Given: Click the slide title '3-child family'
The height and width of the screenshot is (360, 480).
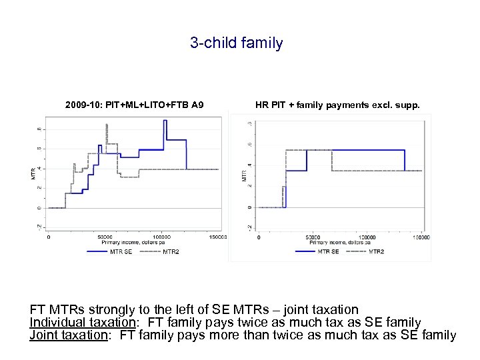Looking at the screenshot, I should click(x=236, y=43).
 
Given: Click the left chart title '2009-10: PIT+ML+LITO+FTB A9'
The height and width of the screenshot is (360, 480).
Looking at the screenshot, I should click(x=134, y=105).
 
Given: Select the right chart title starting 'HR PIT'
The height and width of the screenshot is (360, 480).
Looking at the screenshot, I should click(x=337, y=105).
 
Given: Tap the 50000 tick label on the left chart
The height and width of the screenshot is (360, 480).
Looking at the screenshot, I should click(x=105, y=237).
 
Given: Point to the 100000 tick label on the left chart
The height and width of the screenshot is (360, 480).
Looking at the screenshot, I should click(x=162, y=237).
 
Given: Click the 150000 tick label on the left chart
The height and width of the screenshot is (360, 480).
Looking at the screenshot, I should click(x=217, y=237).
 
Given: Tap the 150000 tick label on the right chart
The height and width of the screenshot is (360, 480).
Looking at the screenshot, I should click(x=421, y=237).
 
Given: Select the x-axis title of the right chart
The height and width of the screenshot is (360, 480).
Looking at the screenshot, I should click(x=340, y=243).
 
